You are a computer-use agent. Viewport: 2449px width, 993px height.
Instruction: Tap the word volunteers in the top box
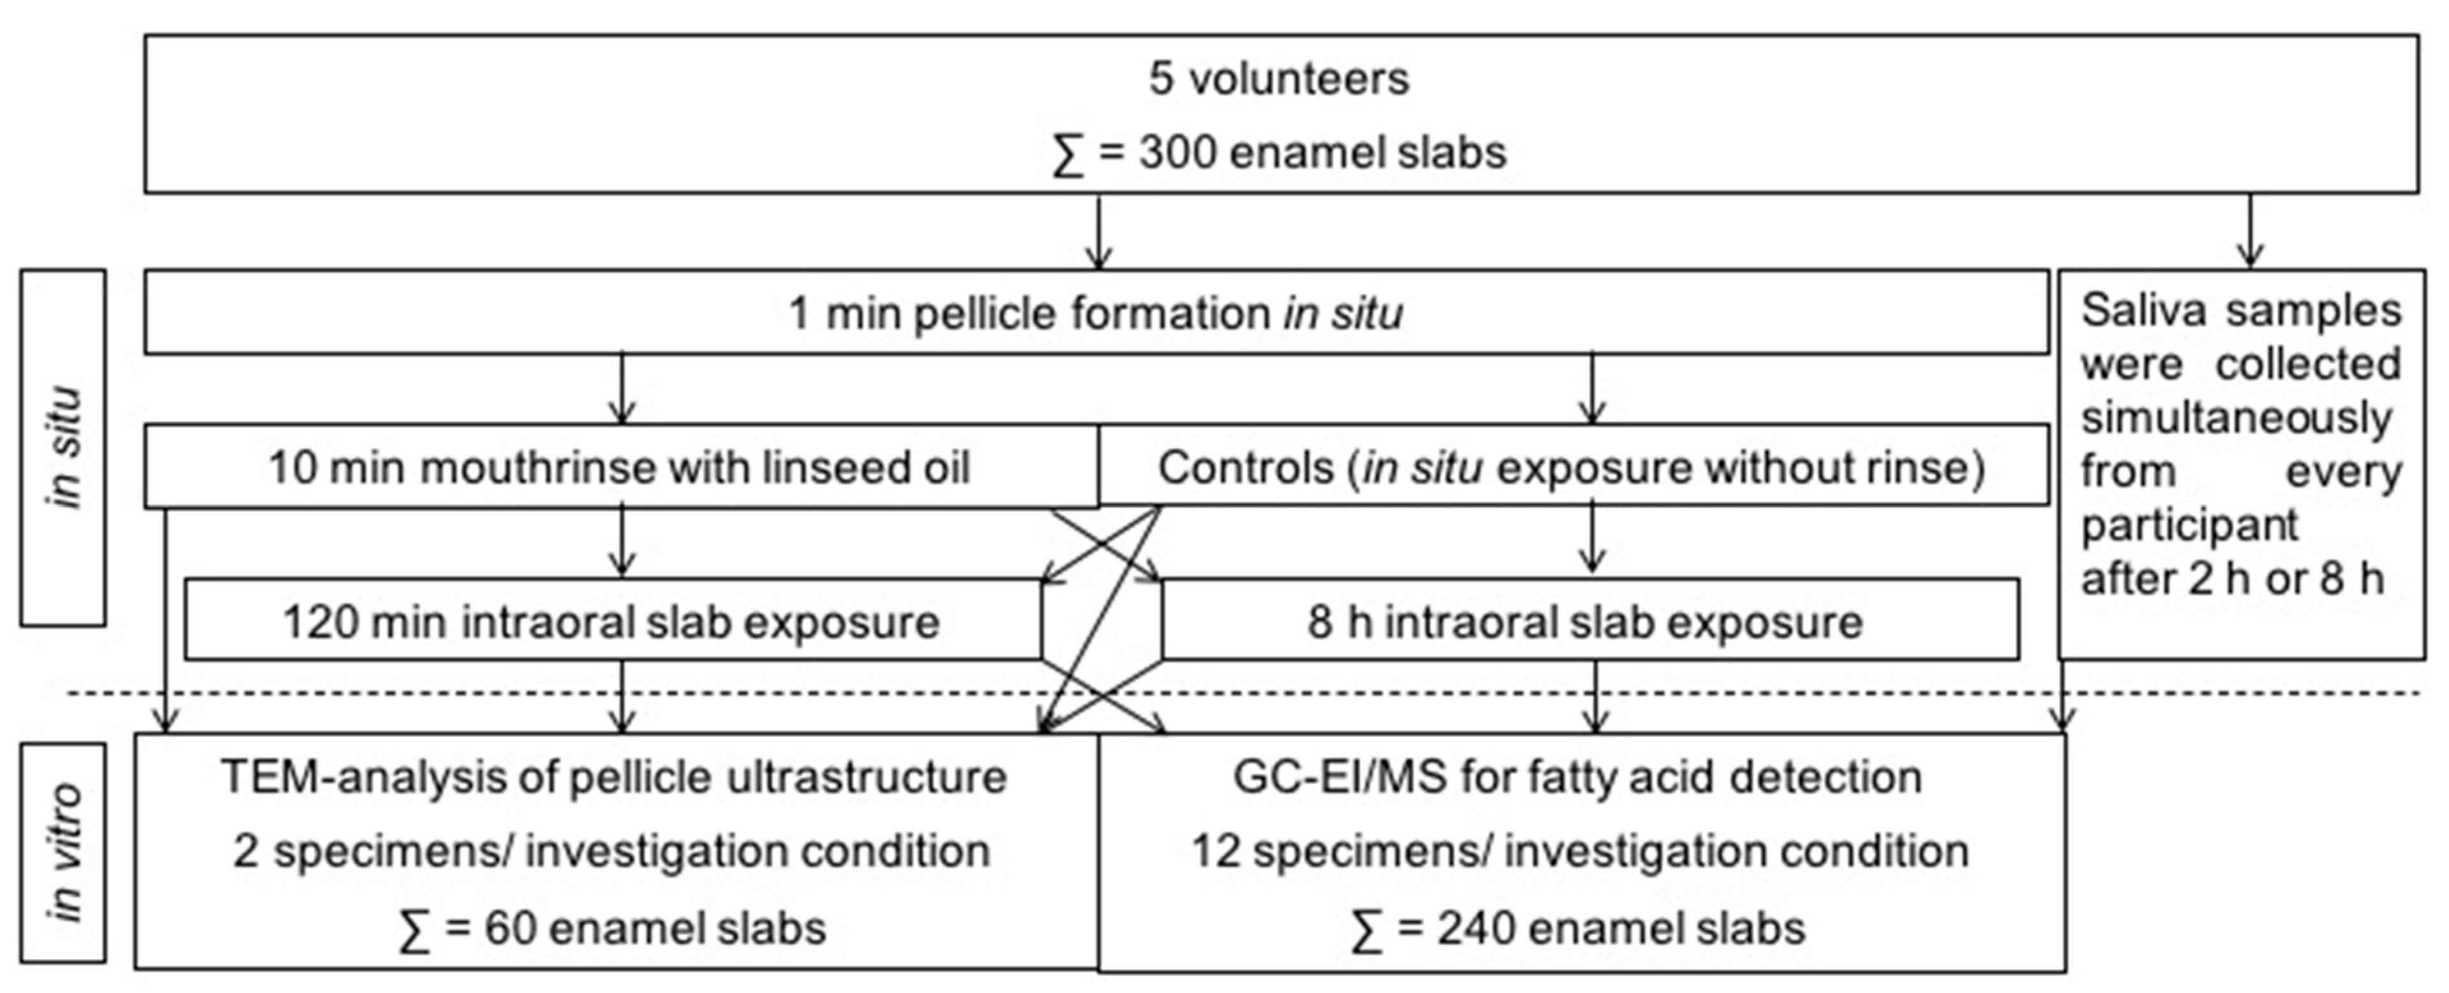(1299, 79)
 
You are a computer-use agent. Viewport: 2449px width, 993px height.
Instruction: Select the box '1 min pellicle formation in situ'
(1096, 313)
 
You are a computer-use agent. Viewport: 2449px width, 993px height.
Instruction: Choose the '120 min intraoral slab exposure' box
(611, 622)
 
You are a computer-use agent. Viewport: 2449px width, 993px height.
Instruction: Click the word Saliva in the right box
(2143, 311)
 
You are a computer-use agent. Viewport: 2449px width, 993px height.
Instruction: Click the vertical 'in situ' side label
(64, 447)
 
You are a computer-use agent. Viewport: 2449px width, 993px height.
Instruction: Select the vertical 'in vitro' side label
(64, 853)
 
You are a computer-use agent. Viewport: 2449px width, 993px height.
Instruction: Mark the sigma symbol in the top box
(1068, 154)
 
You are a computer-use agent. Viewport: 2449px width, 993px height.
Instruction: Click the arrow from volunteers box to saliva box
(2249, 231)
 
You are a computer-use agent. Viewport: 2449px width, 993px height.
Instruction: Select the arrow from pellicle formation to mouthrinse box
(622, 389)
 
